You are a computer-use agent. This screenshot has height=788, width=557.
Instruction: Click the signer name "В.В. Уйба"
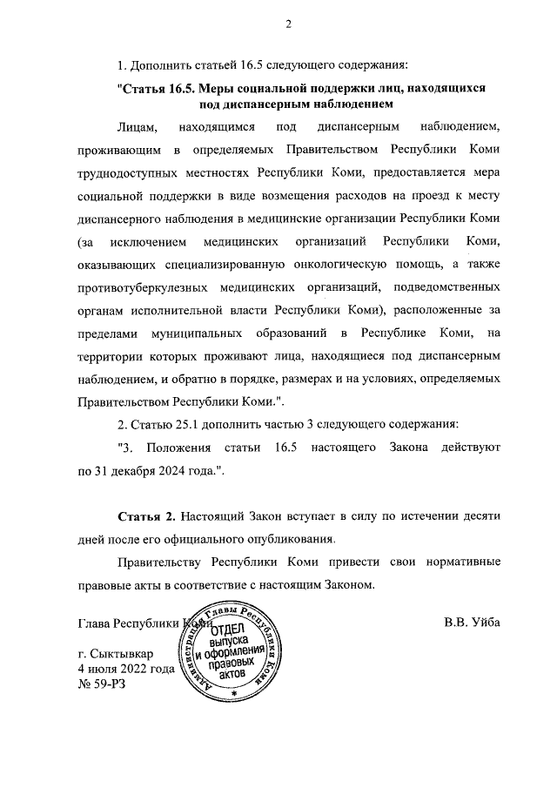coord(472,623)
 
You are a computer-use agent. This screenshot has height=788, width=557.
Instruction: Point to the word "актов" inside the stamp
coord(240,675)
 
